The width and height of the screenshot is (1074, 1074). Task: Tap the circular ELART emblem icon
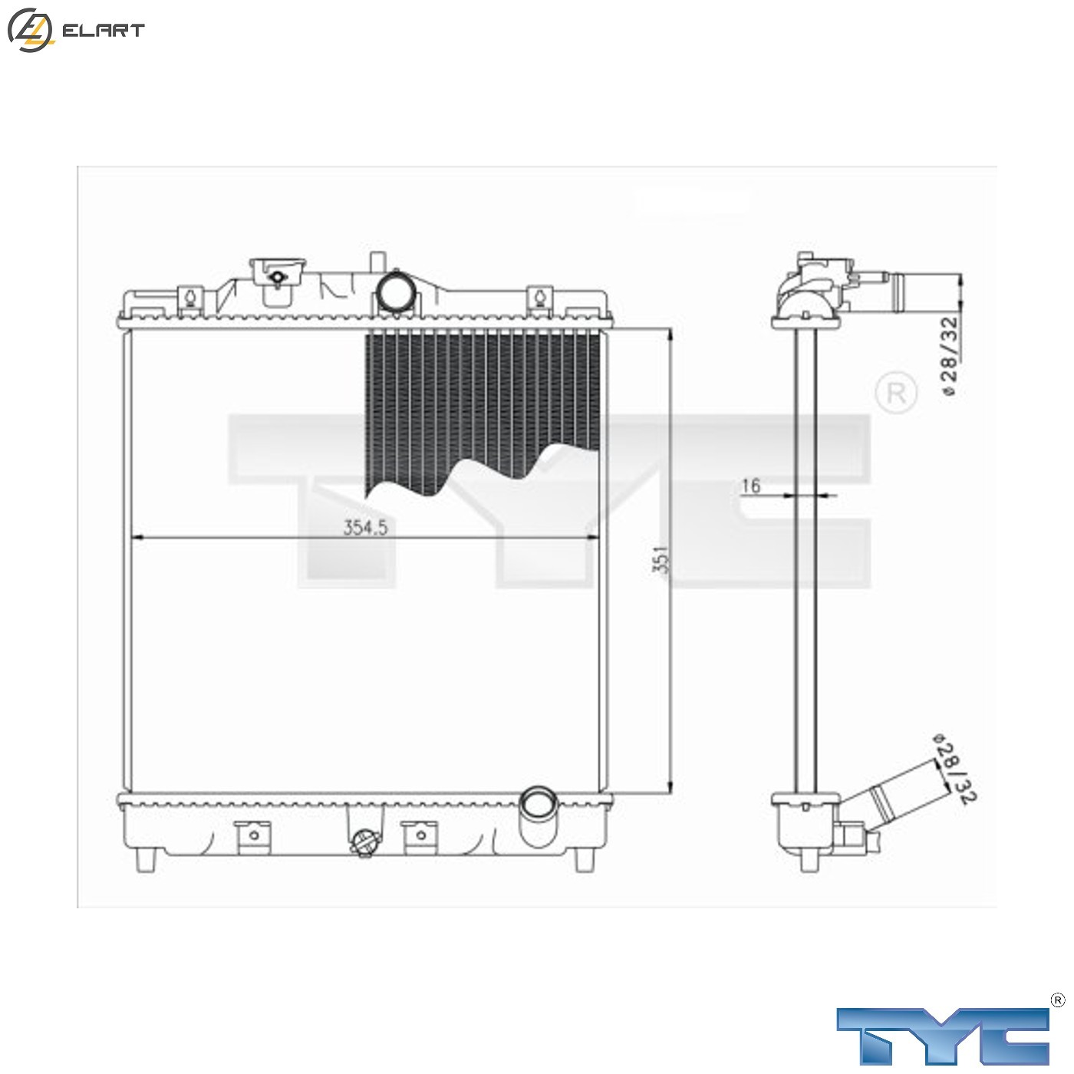[x=30, y=30]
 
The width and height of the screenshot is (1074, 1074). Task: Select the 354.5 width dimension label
[x=365, y=528]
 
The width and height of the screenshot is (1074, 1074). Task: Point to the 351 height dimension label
[x=661, y=559]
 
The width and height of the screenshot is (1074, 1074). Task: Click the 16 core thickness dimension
[x=750, y=486]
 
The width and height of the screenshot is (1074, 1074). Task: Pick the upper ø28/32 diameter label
[x=949, y=357]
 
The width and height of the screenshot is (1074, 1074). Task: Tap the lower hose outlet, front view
[x=539, y=805]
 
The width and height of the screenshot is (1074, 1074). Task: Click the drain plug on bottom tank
[x=364, y=843]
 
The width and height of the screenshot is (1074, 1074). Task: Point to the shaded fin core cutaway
[x=483, y=399]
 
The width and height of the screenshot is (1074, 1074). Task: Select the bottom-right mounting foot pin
[x=585, y=858]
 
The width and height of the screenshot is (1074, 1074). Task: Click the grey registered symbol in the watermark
[x=895, y=393]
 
